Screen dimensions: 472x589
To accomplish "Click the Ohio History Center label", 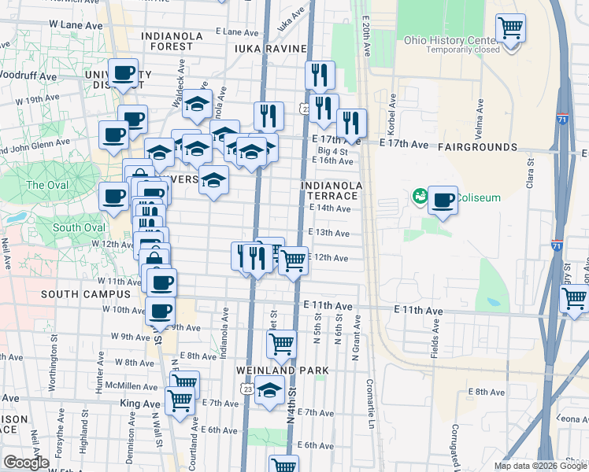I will [x=451, y=40].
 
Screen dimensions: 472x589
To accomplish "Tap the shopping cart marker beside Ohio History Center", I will [x=511, y=29].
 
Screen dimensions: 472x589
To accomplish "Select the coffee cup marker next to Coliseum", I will [x=443, y=200].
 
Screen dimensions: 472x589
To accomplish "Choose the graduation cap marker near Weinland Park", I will [x=269, y=391].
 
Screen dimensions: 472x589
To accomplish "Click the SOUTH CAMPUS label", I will [x=85, y=294].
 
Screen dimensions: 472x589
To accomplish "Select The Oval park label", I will [x=47, y=185].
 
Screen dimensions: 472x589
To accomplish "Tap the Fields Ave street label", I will [x=434, y=344].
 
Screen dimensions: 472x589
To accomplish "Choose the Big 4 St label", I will [x=332, y=150].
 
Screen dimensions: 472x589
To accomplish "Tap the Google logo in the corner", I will [x=27, y=463].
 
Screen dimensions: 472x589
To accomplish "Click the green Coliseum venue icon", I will [x=419, y=196].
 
